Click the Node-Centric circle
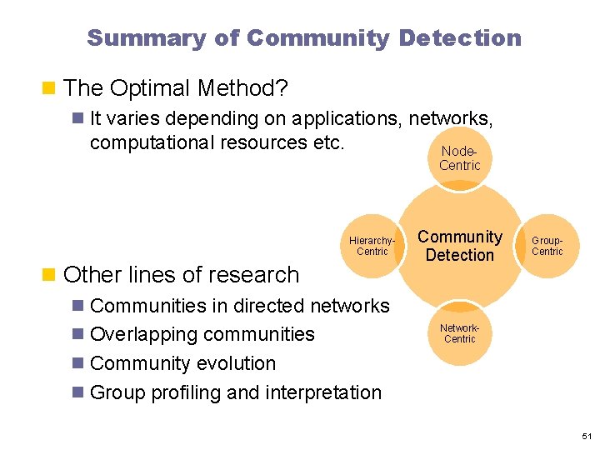[x=459, y=158]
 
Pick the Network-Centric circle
[x=459, y=333]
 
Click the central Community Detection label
[x=459, y=246]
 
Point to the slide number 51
[x=587, y=435]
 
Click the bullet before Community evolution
[x=79, y=364]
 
